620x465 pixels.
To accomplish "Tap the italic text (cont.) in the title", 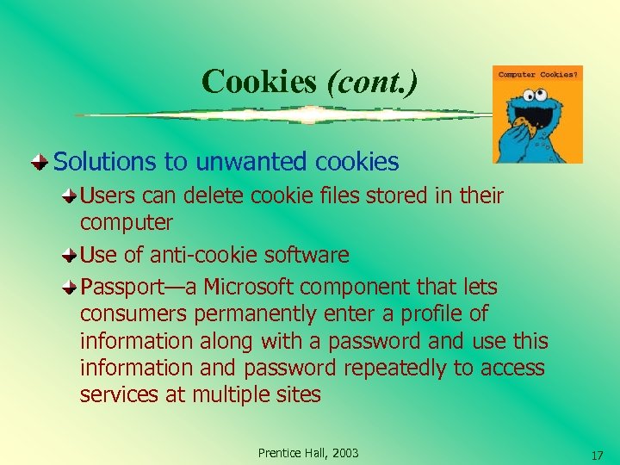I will [372, 82].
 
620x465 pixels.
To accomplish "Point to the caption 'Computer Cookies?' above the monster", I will [538, 74].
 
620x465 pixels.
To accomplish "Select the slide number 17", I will [597, 455].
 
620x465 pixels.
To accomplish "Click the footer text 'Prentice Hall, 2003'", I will [308, 453].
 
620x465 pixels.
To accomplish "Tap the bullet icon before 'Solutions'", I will [40, 160].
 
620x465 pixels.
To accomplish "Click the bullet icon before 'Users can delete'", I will [70, 196].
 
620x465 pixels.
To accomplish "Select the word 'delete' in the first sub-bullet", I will [223, 196].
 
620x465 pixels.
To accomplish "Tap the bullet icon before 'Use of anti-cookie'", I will [70, 255].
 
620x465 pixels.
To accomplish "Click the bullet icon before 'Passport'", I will [70, 286].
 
